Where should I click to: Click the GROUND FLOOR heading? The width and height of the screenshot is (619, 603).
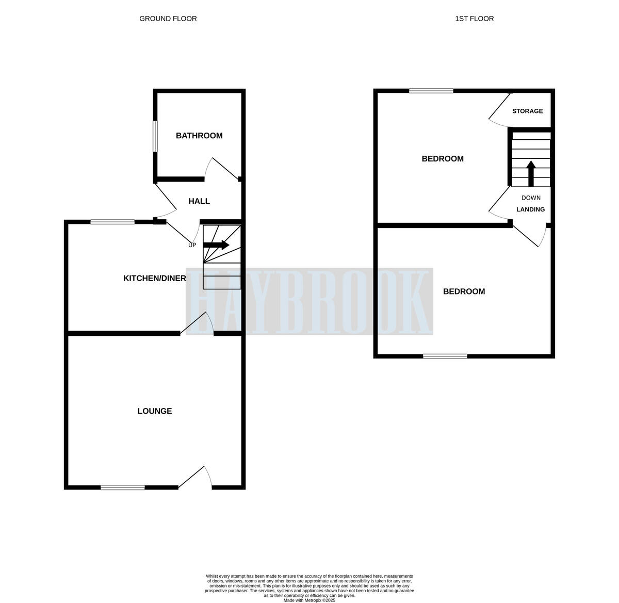(168, 19)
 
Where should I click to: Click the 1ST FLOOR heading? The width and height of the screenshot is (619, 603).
(474, 19)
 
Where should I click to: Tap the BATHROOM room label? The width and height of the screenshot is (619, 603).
(199, 136)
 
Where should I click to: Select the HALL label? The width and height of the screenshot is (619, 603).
(199, 201)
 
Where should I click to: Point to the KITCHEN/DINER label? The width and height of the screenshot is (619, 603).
(154, 279)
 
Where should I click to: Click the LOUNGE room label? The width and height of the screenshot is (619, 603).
(154, 411)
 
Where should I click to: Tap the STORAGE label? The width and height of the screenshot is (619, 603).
(527, 111)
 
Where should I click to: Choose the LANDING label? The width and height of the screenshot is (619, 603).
(530, 209)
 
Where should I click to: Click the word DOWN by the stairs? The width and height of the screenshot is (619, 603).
(531, 198)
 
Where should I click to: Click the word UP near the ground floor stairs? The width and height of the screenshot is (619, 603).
(192, 245)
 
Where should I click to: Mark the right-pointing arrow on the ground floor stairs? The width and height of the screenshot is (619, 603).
(217, 245)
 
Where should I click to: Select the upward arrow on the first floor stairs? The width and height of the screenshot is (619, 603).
(531, 173)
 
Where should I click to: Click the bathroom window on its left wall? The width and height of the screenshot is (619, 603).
(155, 137)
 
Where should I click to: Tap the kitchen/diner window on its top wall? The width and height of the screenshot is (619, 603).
(112, 222)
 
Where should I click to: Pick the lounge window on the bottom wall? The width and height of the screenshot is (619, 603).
(123, 487)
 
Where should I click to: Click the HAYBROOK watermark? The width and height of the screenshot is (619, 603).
(309, 302)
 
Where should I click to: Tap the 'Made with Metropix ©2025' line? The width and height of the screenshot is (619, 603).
(309, 600)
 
